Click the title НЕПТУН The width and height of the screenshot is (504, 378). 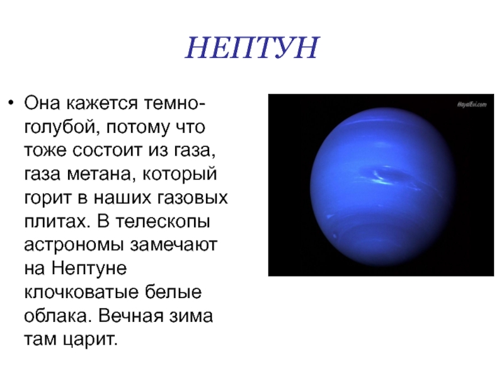click(252, 48)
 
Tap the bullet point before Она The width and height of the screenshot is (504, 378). click(11, 103)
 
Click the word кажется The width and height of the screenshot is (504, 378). click(103, 103)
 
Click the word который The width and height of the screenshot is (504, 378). click(180, 175)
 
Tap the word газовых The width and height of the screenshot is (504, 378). click(192, 198)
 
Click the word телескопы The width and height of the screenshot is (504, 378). click(163, 222)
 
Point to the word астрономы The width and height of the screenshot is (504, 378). click(74, 246)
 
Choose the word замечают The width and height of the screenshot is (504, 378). click(174, 245)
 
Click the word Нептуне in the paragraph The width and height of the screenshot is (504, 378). click(89, 269)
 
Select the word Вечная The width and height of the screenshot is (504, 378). click(130, 316)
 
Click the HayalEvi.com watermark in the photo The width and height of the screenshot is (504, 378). click(472, 105)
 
